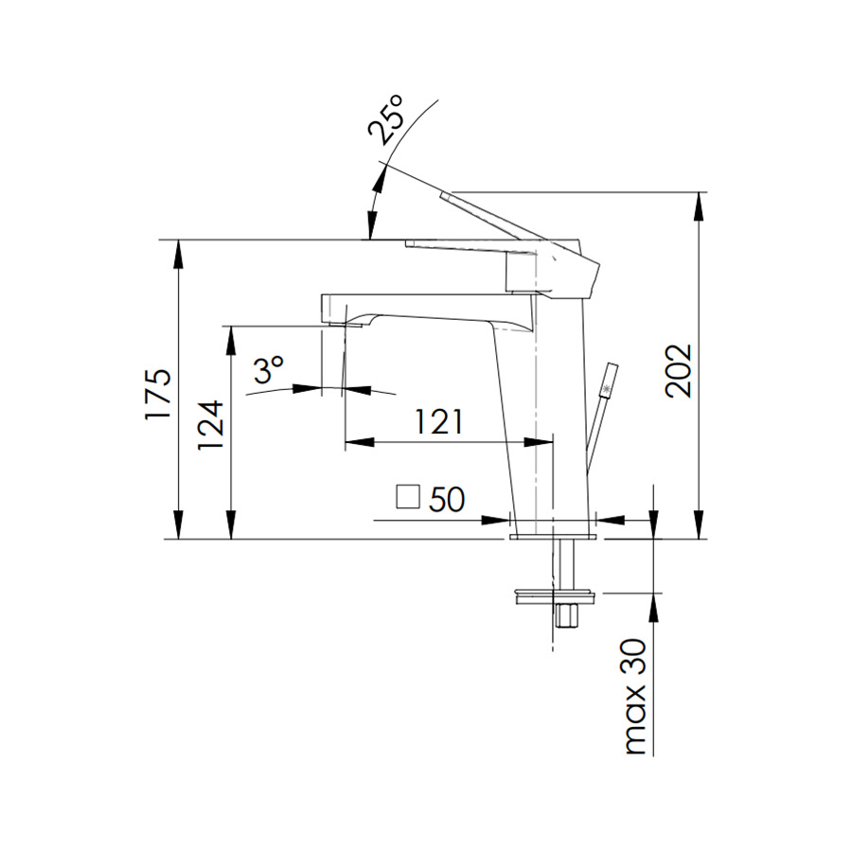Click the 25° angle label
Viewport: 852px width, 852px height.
click(x=386, y=119)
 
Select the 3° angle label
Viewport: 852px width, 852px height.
click(x=269, y=370)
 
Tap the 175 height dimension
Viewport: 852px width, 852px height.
click(x=158, y=394)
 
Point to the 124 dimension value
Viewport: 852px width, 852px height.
click(x=211, y=424)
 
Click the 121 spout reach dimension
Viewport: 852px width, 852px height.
click(x=439, y=421)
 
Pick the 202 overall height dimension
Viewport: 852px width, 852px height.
click(x=679, y=370)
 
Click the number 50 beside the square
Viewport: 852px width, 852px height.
click(x=447, y=498)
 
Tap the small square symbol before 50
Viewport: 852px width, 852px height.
click(x=408, y=496)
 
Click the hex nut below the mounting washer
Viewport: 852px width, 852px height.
click(x=566, y=615)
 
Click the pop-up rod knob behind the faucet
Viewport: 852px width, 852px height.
click(x=609, y=378)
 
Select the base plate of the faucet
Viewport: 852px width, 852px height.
click(x=553, y=537)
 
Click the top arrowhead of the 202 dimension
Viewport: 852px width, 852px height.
click(x=699, y=206)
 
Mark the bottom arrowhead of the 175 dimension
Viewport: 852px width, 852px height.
click(x=178, y=524)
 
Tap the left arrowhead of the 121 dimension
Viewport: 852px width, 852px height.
click(x=360, y=442)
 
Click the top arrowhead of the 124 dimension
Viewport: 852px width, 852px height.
click(x=231, y=341)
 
